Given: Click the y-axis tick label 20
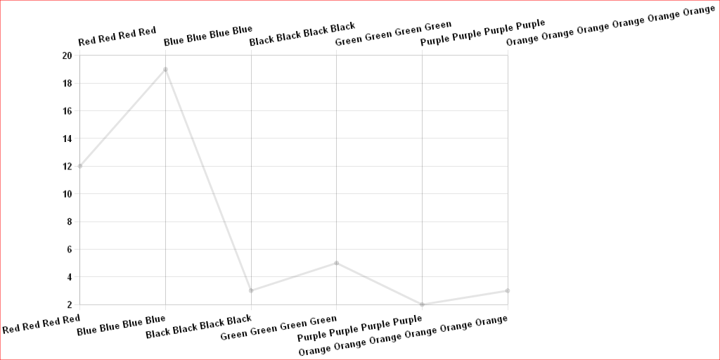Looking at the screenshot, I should click(x=67, y=56).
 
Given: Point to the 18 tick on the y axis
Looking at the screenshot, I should click(x=67, y=84).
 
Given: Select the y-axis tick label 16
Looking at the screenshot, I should click(x=67, y=111).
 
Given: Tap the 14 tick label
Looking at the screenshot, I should click(x=67, y=139).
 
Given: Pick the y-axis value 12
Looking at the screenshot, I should click(x=67, y=167).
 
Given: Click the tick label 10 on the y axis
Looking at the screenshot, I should click(x=67, y=194).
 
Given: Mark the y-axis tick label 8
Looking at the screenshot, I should click(x=70, y=222).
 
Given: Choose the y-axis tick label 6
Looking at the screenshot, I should click(x=70, y=250).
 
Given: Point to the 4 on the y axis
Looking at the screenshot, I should click(x=70, y=277).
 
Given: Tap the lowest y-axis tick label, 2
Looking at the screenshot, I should click(x=70, y=304).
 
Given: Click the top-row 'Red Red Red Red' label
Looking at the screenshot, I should click(x=117, y=37).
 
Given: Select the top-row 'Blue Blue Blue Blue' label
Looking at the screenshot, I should click(x=207, y=35).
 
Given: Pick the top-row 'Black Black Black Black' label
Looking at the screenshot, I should click(x=302, y=34).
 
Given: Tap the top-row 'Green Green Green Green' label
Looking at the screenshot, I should click(x=393, y=33).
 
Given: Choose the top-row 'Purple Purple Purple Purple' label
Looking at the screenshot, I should click(x=482, y=32).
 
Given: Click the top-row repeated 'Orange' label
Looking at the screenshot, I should click(x=610, y=25).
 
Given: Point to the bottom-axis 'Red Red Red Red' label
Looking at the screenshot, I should click(x=41, y=325).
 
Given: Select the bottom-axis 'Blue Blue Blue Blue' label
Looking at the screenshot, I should click(x=121, y=326).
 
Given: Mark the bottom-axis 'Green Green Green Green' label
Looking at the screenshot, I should click(x=278, y=328).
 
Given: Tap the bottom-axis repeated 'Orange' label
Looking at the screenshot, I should click(x=403, y=336).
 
